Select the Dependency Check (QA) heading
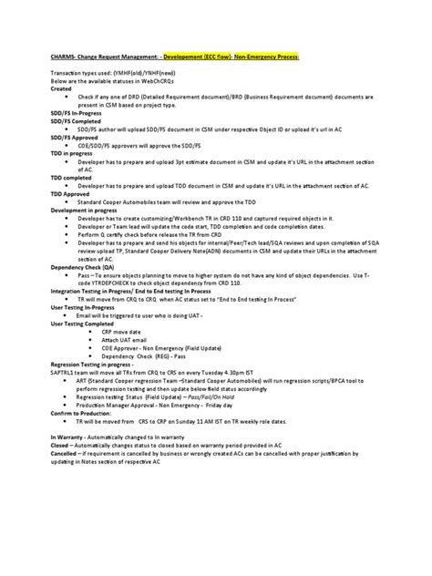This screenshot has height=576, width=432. tap(83, 268)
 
